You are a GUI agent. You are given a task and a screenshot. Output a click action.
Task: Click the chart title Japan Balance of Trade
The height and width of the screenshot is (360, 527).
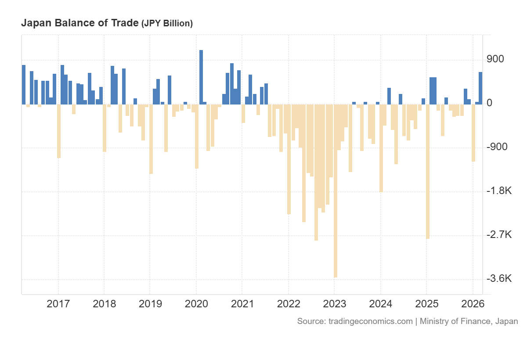(79, 23)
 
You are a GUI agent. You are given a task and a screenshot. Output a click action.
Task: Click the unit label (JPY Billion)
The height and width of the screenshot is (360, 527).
(167, 24)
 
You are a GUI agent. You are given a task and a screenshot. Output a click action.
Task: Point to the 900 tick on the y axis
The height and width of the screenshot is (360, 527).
(495, 59)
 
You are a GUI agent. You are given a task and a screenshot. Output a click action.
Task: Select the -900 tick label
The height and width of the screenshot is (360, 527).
(497, 147)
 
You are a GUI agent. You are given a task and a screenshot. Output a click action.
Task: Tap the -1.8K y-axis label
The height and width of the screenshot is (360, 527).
(499, 191)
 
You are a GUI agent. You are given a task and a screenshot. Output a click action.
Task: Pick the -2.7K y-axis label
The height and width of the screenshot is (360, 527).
(499, 234)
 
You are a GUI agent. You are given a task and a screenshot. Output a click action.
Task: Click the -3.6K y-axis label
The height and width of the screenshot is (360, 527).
(499, 279)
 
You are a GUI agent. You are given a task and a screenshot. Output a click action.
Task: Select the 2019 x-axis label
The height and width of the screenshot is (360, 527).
(150, 304)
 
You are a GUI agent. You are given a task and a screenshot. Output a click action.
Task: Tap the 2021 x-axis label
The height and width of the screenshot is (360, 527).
(242, 304)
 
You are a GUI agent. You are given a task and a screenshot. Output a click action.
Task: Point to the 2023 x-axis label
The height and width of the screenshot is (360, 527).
(334, 304)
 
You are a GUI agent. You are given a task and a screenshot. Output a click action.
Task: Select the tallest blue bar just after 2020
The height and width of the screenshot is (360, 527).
(201, 77)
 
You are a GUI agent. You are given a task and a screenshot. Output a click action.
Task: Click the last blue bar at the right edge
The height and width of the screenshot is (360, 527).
(480, 88)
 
